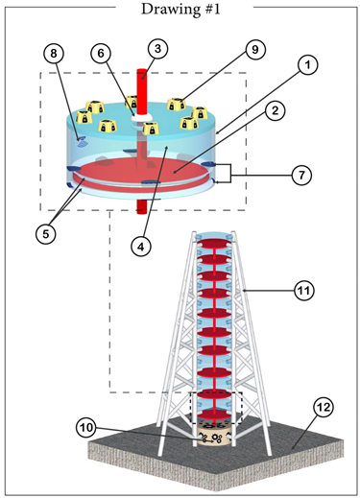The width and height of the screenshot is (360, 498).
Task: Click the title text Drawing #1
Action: [180, 9]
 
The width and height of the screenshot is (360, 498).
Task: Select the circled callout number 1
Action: [307, 65]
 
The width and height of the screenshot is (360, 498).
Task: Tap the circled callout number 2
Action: [275, 110]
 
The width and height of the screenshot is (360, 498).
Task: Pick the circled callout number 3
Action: [157, 49]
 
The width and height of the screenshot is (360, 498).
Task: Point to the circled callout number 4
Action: [141, 246]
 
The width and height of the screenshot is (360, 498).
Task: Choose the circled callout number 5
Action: [46, 234]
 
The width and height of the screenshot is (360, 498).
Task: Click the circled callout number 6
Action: [101, 54]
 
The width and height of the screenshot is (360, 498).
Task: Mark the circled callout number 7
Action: [301, 175]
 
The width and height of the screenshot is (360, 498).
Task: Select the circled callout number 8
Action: [54, 54]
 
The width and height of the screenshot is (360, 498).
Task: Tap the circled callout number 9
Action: [255, 50]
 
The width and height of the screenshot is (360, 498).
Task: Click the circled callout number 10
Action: [86, 428]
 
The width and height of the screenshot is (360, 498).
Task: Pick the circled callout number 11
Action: [304, 291]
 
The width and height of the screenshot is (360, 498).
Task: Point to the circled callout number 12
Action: [324, 408]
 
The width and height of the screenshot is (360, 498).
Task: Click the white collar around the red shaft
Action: [142, 117]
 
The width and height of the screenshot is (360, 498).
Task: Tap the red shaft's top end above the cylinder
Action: [142, 70]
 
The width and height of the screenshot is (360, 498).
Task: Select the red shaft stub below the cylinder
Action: [142, 207]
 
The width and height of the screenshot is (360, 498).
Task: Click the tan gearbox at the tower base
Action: [214, 434]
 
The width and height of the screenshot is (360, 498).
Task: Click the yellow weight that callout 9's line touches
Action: [177, 104]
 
